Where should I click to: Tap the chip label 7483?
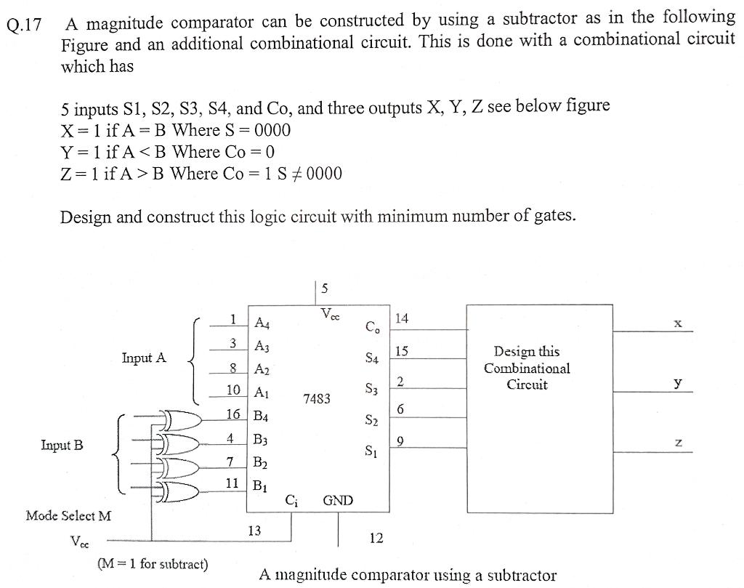316,399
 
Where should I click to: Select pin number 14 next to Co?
402,318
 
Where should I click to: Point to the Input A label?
144,358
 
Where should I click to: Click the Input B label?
61,445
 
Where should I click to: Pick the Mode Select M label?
68,516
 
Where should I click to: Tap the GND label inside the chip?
338,500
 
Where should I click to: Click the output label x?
677,323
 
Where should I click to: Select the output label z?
677,443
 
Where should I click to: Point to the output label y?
677,382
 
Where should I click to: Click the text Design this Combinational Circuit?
527,368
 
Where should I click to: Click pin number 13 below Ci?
254,531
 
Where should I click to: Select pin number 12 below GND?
376,539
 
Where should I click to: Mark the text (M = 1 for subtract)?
152,564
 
